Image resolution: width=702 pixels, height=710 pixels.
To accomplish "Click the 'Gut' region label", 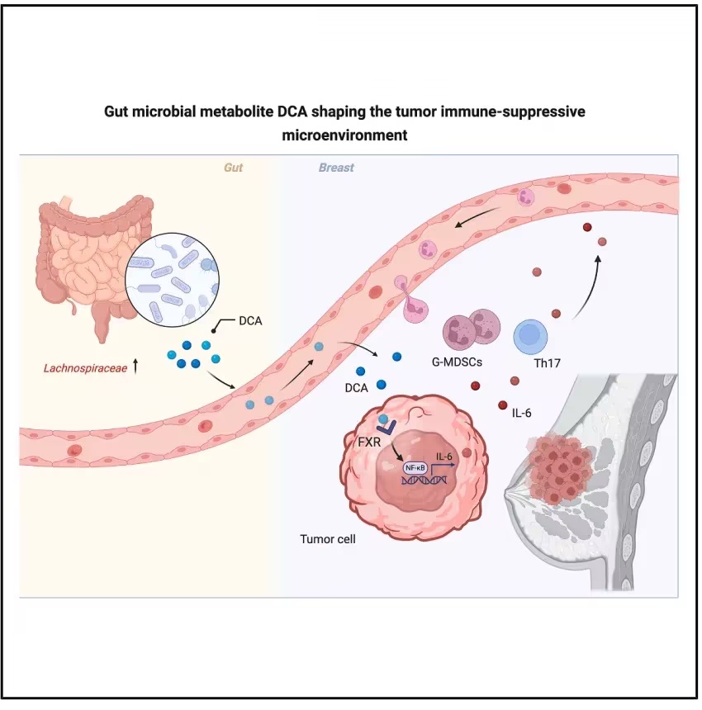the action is [233, 168].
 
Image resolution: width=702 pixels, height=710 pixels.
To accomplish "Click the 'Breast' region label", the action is [336, 168].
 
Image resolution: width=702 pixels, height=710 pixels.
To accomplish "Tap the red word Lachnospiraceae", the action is [85, 368].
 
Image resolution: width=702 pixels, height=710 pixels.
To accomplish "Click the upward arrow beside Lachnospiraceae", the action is [135, 367].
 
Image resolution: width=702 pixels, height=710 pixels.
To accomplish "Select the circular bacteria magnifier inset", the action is [172, 280].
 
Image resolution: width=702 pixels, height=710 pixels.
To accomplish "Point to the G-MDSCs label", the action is [457, 362].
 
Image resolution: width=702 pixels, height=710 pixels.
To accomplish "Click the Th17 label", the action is [547, 363].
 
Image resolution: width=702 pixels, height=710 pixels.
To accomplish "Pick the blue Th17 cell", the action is [530, 337].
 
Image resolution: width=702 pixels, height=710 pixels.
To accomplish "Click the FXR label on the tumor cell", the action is [369, 442].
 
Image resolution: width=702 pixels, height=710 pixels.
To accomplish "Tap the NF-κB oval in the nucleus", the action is [415, 468].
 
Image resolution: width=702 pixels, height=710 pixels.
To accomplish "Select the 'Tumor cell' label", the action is [327, 539].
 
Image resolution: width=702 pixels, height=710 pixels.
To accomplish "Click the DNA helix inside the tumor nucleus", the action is [425, 480].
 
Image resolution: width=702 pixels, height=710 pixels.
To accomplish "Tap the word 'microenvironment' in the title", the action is [344, 135].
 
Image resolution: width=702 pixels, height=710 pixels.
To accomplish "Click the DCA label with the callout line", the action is [250, 320].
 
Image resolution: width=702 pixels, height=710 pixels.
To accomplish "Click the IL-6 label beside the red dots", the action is [521, 413].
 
